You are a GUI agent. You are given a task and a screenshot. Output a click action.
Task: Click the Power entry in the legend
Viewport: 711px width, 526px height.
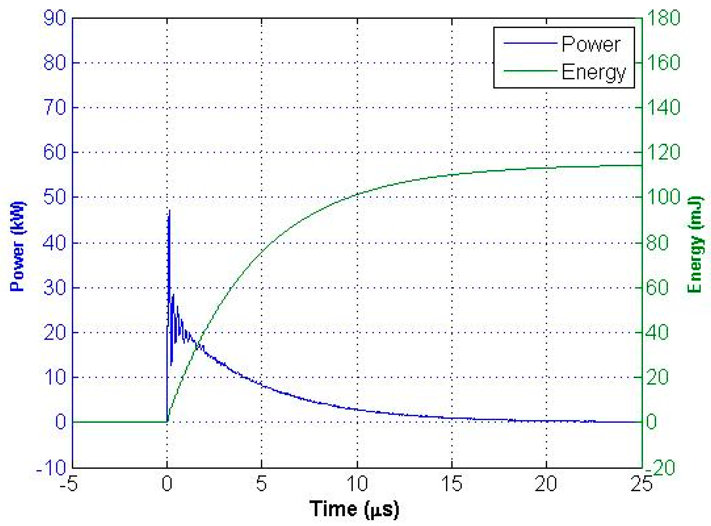[x=591, y=44]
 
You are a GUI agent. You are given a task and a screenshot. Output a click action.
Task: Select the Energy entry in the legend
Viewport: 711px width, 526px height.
[x=593, y=72]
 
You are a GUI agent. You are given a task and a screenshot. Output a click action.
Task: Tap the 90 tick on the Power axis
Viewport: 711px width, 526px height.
[x=55, y=18]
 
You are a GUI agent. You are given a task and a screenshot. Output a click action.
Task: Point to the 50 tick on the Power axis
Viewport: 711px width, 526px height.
[x=55, y=197]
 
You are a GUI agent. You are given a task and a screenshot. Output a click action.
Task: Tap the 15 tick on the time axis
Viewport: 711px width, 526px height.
[x=452, y=483]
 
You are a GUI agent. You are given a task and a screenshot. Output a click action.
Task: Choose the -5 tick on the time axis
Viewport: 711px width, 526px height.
[x=69, y=483]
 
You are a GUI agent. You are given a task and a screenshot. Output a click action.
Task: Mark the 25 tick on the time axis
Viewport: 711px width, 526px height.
[x=642, y=483]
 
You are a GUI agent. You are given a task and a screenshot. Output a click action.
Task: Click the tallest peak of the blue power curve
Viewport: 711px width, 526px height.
[x=169, y=210]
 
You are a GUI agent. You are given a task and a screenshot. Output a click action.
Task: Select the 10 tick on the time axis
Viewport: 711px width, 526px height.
[x=357, y=483]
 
